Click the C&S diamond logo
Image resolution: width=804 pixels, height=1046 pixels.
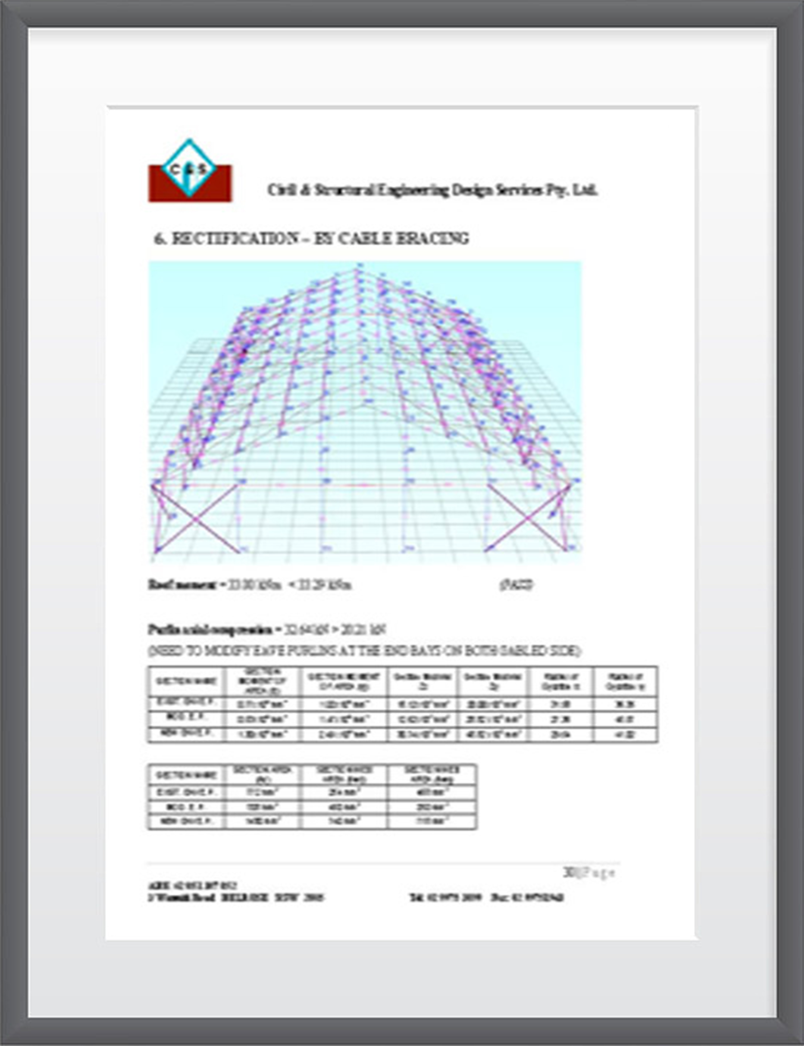point(189,168)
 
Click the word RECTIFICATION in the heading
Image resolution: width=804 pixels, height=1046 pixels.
point(234,238)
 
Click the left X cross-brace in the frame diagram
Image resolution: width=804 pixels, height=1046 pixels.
point(196,519)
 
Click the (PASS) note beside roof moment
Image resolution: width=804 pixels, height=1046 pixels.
point(516,585)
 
